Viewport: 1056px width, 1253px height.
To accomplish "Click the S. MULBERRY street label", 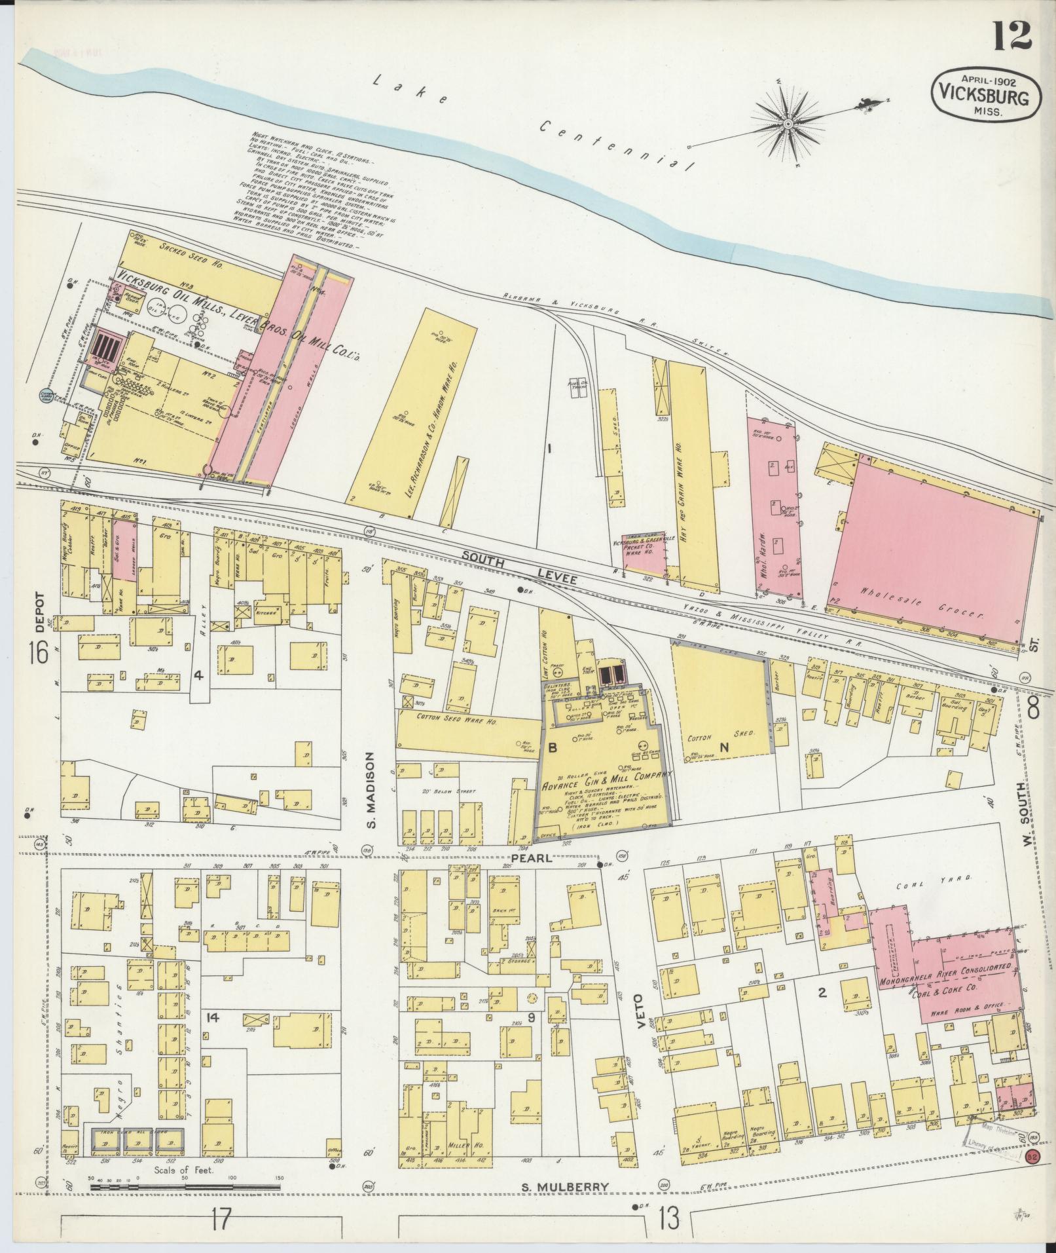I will coord(566,1186).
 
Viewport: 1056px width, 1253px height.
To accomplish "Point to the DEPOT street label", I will coord(39,612).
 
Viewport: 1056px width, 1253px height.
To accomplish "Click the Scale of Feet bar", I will coord(183,1186).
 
